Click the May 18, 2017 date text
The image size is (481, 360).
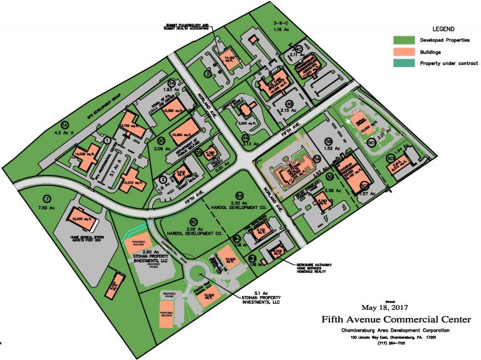pos(385,307)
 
